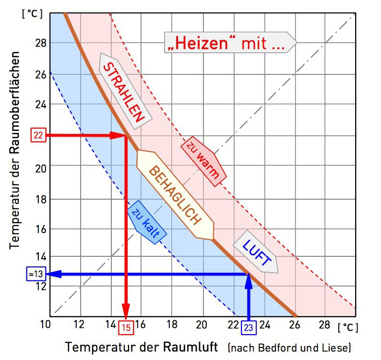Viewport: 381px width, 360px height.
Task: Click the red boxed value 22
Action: (x=38, y=135)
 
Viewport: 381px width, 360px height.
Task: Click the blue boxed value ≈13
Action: (x=36, y=274)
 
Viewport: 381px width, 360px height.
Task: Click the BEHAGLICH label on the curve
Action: (x=175, y=195)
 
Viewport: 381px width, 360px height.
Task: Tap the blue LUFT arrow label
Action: (x=257, y=254)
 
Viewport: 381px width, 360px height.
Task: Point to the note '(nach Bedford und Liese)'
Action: (x=290, y=347)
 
